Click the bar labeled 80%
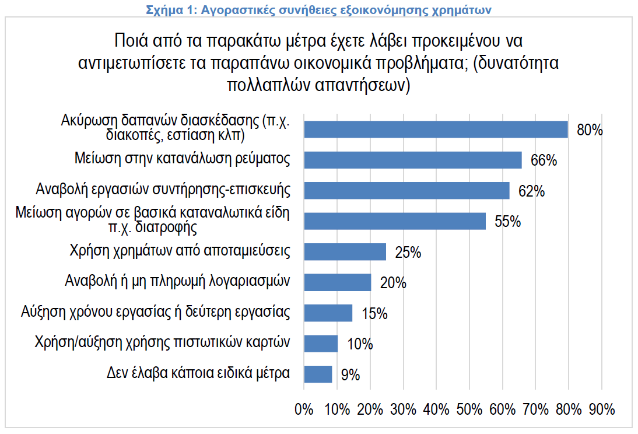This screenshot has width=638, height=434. (436, 129)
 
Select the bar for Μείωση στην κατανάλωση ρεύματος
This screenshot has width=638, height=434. (413, 160)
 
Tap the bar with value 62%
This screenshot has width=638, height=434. (406, 190)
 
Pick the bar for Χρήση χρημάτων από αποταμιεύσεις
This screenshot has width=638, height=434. (345, 251)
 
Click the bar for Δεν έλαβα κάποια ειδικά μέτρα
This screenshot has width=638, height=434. (318, 374)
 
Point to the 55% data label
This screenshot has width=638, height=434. (507, 222)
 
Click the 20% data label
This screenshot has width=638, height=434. (392, 283)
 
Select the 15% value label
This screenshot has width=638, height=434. (374, 313)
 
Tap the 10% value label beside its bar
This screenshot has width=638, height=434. (359, 344)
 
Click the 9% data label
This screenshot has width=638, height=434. (350, 374)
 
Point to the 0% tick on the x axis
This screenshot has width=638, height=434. (304, 409)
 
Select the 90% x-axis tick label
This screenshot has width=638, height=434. (601, 409)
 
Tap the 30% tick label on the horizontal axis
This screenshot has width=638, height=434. (404, 409)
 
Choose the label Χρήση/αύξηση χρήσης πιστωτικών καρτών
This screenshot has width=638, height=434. (163, 342)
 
